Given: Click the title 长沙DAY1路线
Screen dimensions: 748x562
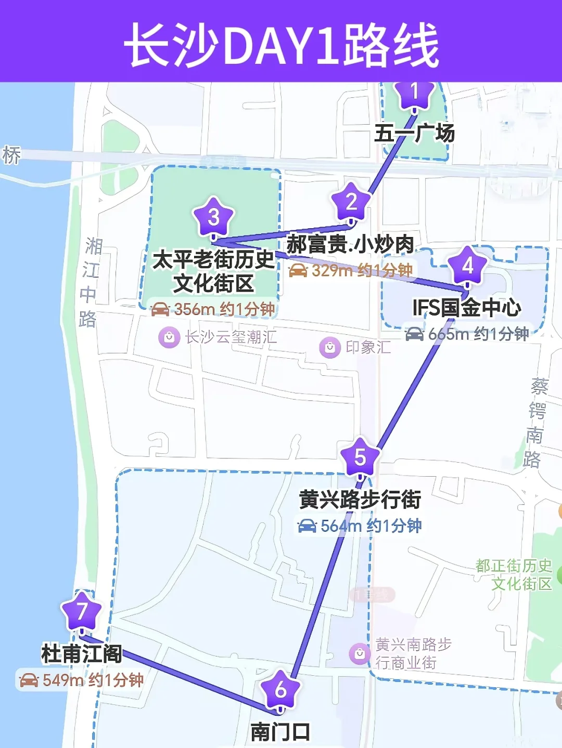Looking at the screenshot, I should (x=281, y=45).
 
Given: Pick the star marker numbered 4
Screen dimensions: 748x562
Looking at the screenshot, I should (x=467, y=266).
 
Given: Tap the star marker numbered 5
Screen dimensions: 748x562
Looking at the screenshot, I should (x=360, y=458).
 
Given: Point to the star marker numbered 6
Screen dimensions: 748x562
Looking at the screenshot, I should (x=280, y=690).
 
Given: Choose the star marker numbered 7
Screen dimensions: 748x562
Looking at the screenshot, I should (x=82, y=612).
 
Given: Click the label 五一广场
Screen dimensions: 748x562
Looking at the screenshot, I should (x=414, y=134).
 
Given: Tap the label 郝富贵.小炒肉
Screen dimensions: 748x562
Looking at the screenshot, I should (x=350, y=244).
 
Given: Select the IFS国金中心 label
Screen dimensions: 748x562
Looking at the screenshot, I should (x=467, y=308).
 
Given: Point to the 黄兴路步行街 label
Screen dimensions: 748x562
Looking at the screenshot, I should (x=360, y=500).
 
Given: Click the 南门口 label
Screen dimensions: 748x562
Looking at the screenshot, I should (x=280, y=732).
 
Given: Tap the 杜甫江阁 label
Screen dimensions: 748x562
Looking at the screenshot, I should (x=82, y=654).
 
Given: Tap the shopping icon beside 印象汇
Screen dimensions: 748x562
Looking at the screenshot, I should (x=330, y=348).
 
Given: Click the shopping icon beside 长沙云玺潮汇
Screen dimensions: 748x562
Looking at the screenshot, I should (x=169, y=337).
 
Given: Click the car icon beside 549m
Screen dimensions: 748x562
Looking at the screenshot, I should (x=29, y=680).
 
